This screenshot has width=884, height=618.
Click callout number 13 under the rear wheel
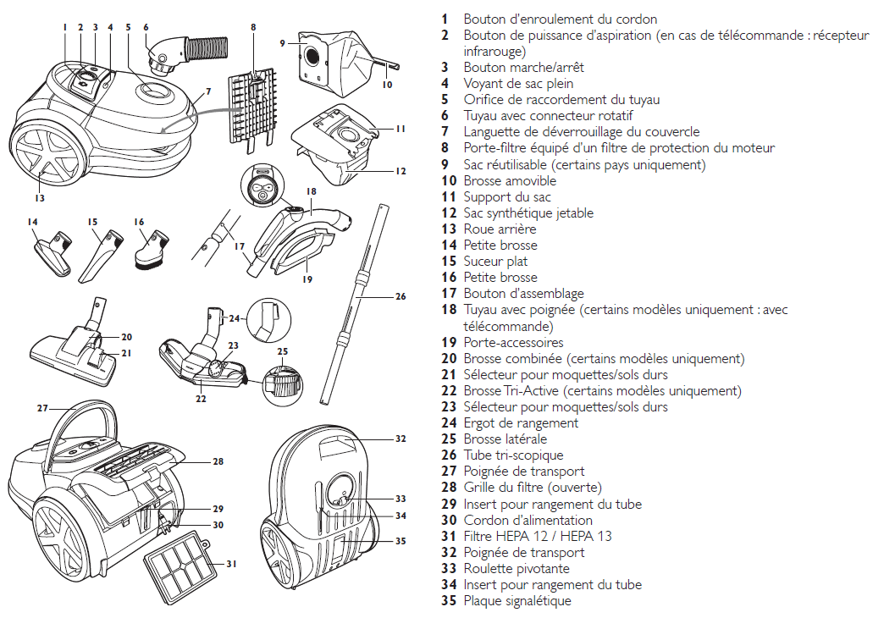[x=40, y=198]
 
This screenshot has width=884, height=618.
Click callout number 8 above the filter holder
[x=252, y=27]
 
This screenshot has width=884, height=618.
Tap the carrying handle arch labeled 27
[x=75, y=417]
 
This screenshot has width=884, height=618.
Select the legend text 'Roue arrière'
[x=500, y=229]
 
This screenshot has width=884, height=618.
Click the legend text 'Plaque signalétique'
[x=517, y=601]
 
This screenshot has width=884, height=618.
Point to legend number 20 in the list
[x=449, y=359]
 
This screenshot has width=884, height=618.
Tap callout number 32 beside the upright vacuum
[x=401, y=439]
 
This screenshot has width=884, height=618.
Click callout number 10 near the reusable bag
[x=387, y=85]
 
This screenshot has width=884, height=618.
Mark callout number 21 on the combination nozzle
[x=126, y=353]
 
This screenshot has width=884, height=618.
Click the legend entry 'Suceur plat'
[x=495, y=262]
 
